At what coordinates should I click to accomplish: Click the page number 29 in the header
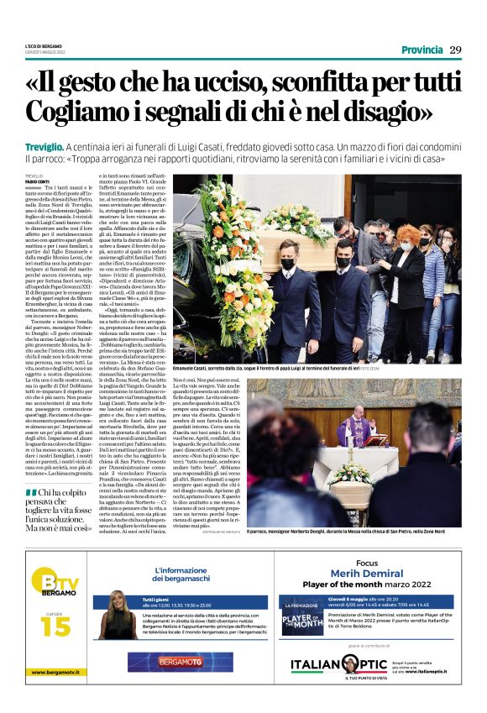pos(455,50)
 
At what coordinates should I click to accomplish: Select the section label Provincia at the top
pos(422,50)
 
